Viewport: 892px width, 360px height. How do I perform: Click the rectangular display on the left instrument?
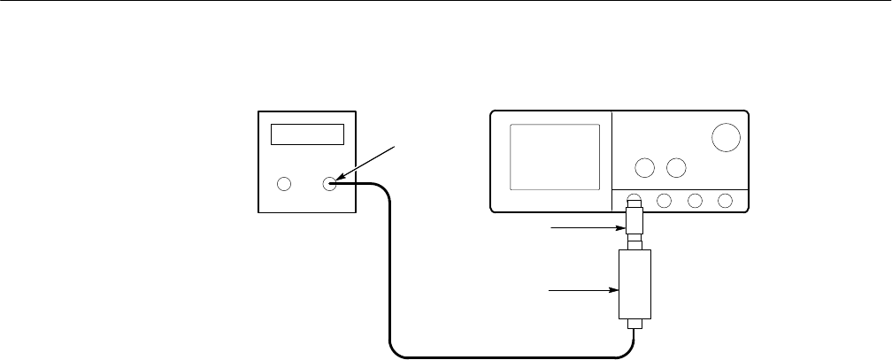[x=307, y=134]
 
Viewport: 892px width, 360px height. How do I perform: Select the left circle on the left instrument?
[x=284, y=185]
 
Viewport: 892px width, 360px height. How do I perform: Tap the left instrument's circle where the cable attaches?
[x=331, y=184]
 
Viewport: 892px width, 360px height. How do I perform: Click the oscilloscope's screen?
[x=555, y=157]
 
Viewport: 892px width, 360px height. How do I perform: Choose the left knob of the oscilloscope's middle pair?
[x=645, y=167]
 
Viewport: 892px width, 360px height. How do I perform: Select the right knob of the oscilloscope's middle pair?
[x=677, y=167]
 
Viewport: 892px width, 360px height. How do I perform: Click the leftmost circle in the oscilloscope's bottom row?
[x=634, y=201]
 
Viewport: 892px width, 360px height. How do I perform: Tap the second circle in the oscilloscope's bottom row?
[x=665, y=201]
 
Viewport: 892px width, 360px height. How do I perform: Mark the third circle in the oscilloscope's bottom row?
[x=695, y=201]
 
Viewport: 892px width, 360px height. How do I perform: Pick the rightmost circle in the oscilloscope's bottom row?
[x=726, y=201]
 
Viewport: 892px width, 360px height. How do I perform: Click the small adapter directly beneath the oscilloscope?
[x=634, y=220]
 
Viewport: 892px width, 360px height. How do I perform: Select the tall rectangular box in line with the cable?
[x=634, y=284]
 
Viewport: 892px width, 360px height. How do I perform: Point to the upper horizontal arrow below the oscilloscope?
[x=585, y=229]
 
